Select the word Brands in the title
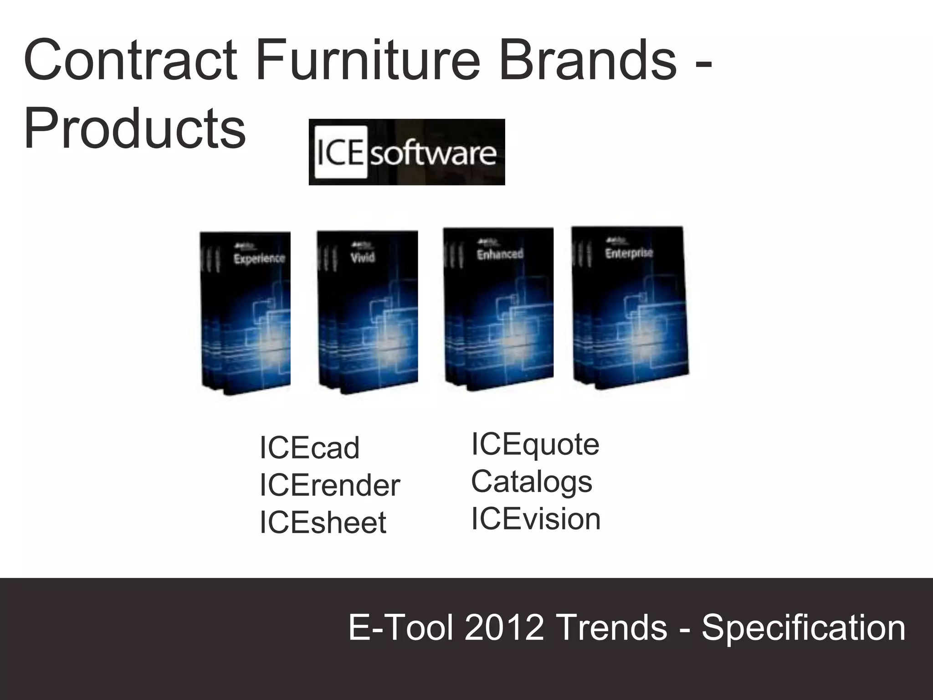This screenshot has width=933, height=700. [588, 60]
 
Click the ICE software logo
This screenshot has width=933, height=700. [406, 152]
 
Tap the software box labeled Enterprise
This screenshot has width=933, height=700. [630, 308]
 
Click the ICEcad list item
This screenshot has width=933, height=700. [310, 448]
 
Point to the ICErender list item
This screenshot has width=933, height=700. [329, 485]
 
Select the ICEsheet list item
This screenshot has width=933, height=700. [323, 522]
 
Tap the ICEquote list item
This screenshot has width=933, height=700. [535, 444]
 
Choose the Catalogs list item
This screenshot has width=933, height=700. [532, 482]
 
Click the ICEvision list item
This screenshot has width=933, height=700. [536, 519]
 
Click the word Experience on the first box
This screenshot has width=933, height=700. [259, 258]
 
